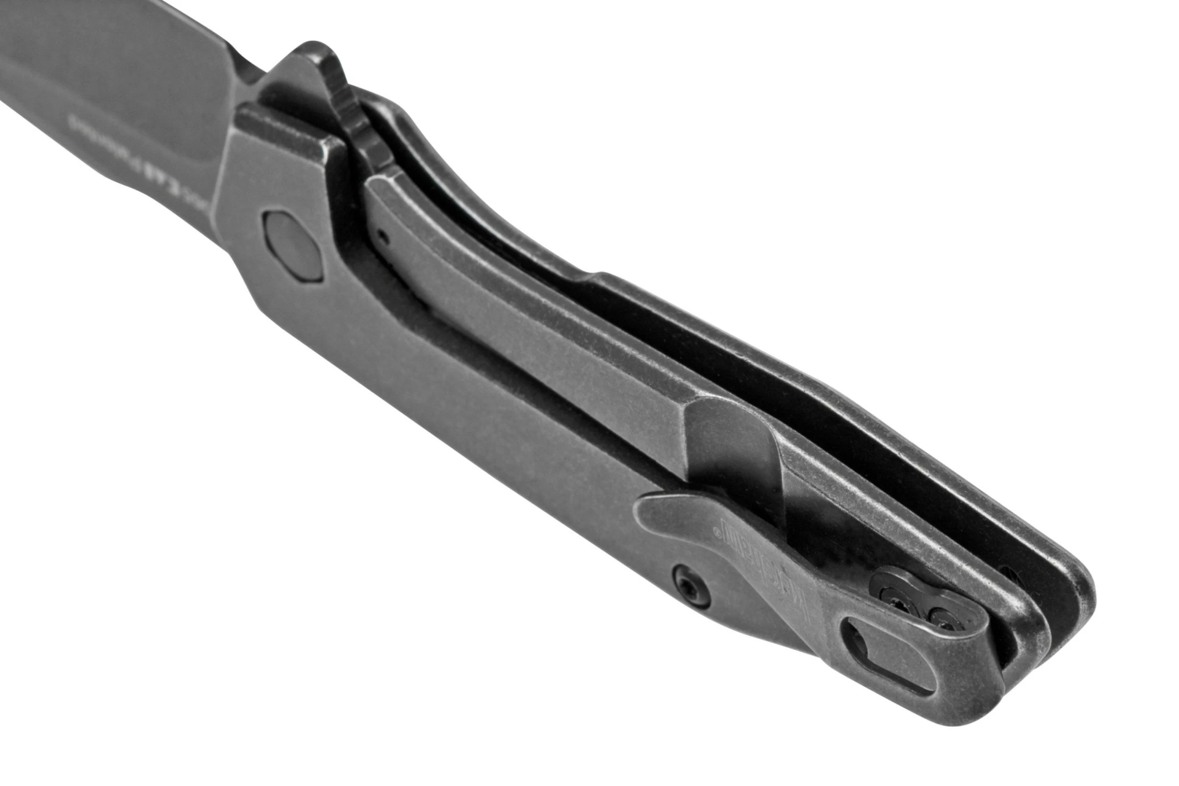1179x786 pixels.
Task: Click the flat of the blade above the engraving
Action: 125,65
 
